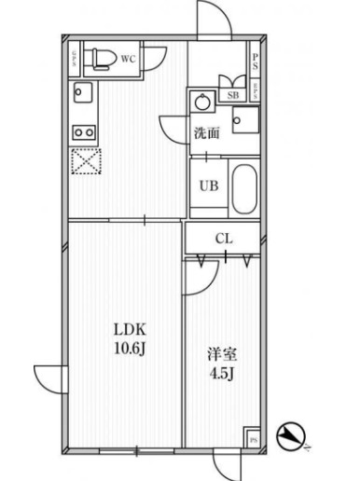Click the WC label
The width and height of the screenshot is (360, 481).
130,58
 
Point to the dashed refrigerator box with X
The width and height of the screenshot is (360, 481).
86,162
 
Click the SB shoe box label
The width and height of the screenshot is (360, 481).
229,94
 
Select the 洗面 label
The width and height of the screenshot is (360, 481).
207,133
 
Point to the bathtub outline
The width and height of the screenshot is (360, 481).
243,186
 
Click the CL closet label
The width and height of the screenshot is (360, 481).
224,239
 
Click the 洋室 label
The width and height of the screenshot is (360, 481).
220,355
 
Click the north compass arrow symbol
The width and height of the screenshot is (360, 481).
295,434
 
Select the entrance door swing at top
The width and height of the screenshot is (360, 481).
211,17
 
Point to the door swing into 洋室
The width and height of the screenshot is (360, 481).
198,275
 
